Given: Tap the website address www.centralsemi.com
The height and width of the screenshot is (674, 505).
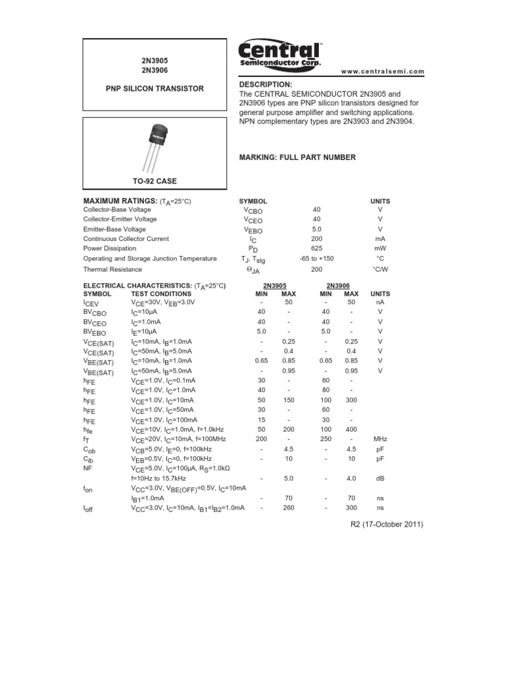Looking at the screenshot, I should coord(383,72).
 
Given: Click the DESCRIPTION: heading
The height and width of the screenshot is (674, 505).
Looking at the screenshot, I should coord(266,85).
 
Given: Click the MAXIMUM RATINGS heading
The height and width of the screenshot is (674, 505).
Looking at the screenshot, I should coord(120,201).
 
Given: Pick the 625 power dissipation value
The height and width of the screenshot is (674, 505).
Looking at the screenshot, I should coord(316,249).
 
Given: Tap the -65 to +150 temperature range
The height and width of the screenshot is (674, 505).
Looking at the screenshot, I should coord(316,259).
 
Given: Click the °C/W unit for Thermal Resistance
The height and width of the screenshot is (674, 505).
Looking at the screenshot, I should coord(380,269).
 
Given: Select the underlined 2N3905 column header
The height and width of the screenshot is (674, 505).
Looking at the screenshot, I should coord(274,286).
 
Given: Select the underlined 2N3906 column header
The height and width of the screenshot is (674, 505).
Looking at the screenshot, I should coord(338,286).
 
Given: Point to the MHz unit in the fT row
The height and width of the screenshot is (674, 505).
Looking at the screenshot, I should coord(380,438).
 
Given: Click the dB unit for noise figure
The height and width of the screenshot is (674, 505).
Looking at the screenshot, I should coord(380,479).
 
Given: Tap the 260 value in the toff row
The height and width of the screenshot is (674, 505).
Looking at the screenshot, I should coord(288,508).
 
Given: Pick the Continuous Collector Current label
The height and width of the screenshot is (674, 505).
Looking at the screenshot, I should coord(126,239).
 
